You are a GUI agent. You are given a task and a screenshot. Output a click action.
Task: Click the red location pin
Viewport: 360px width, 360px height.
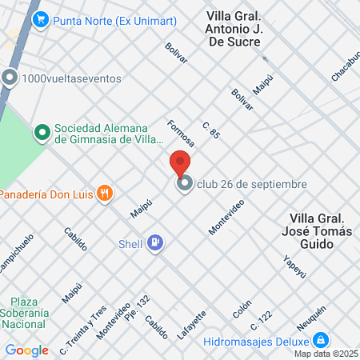180,163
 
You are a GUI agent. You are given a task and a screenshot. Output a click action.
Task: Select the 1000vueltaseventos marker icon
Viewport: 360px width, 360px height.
10,78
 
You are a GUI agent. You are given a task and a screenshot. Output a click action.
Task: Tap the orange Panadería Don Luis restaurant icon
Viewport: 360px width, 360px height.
104,193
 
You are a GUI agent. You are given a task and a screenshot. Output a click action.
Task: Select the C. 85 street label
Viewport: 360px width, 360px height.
211,131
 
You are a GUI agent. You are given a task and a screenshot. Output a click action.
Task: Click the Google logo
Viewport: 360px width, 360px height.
27,350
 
